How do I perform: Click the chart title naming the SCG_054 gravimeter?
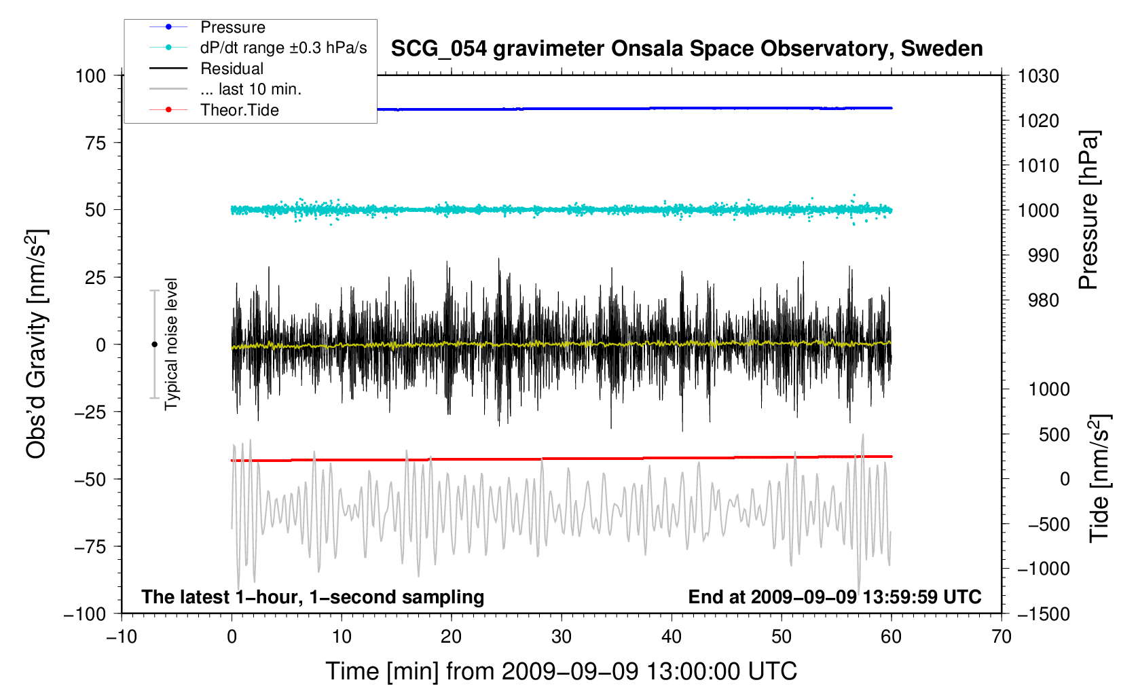(686, 49)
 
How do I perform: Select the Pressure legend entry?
(207, 27)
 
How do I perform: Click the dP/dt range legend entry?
(258, 48)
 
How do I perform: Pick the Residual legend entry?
(206, 69)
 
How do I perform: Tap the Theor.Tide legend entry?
(214, 110)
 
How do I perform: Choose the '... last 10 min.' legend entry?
(225, 89)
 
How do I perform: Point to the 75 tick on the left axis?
(96, 143)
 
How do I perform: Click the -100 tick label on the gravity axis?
(85, 614)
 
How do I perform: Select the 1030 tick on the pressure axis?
(1038, 76)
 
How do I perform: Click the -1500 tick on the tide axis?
(1044, 614)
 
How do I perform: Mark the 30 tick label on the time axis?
(562, 637)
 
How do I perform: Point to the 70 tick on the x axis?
(1002, 637)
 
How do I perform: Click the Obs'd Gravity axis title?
(37, 344)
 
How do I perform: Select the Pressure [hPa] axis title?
(1089, 211)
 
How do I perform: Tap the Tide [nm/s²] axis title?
(1100, 478)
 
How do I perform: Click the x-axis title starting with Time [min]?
(562, 671)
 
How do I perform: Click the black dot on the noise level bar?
(154, 344)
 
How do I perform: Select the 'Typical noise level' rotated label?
(171, 344)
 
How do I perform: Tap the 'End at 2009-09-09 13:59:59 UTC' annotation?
(834, 597)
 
